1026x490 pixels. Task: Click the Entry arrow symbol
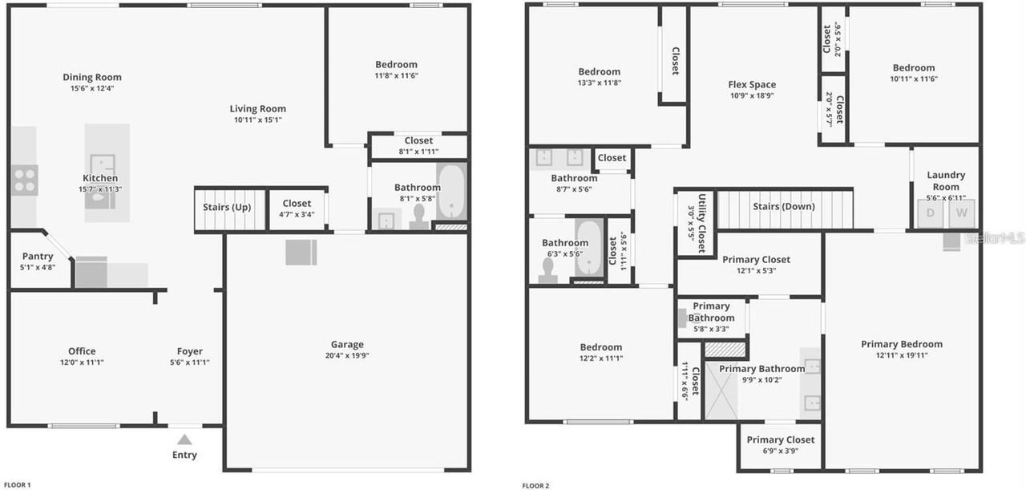click(184, 439)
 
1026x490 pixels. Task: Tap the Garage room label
click(347, 345)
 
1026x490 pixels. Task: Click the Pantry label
click(38, 257)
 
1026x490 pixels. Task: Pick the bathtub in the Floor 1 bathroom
click(450, 192)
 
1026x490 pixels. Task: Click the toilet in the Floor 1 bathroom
click(418, 215)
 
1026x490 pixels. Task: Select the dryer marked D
click(931, 213)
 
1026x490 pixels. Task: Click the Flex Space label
click(752, 85)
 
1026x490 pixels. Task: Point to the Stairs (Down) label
click(783, 207)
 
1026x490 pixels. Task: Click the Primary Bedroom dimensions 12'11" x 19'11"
click(902, 356)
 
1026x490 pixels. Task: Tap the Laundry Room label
click(946, 180)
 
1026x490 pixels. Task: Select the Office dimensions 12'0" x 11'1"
click(82, 362)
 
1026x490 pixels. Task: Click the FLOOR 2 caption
click(536, 484)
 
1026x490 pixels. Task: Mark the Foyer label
click(190, 351)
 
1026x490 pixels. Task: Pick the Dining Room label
click(92, 78)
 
